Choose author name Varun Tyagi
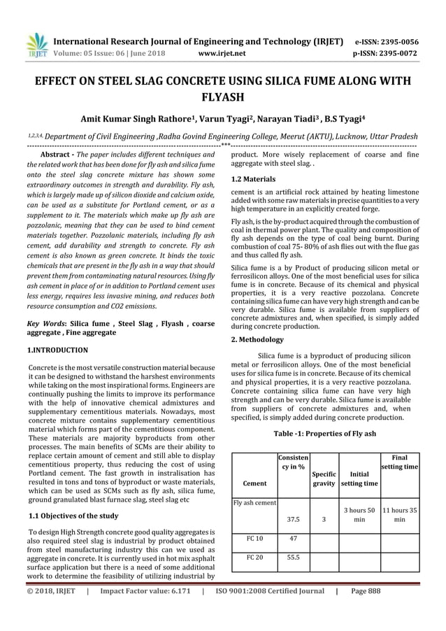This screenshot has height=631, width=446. click(x=219, y=119)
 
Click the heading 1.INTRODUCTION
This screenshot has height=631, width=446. click(x=57, y=349)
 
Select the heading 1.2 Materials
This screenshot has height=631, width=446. click(x=253, y=179)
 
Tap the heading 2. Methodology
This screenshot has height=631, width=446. click(x=257, y=339)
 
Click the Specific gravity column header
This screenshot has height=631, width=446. click(x=324, y=478)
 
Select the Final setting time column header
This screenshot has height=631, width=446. click(x=399, y=462)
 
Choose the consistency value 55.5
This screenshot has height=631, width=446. click(x=294, y=558)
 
